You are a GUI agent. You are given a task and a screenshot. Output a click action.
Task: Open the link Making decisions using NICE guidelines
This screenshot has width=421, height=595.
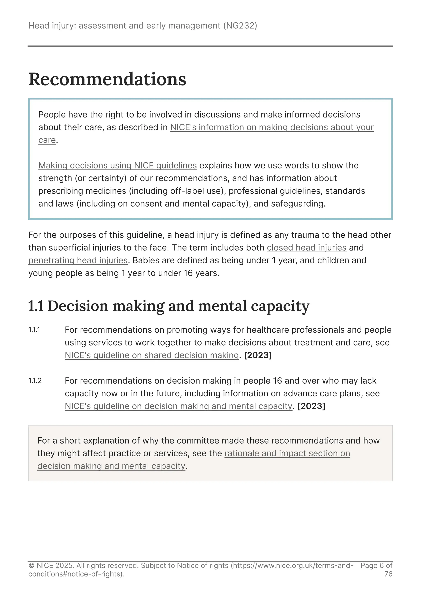[x=117, y=165]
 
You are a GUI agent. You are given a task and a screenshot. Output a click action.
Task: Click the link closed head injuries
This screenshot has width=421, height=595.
[x=306, y=248]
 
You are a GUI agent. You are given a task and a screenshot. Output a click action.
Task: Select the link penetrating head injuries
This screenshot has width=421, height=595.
[x=78, y=260]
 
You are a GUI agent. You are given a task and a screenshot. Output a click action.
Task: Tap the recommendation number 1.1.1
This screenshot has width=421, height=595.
[x=34, y=330]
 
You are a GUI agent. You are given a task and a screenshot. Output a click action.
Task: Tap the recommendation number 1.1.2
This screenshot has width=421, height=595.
[x=35, y=381]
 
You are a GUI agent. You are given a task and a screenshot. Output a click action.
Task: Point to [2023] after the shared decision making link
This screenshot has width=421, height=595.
[x=258, y=355]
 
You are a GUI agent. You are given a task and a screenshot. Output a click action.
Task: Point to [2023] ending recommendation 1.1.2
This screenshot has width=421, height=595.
[x=311, y=406]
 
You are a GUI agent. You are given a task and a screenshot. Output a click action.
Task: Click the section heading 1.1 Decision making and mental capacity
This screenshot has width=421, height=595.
[x=169, y=306]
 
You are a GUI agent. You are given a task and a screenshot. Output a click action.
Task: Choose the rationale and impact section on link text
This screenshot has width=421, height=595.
[x=287, y=453]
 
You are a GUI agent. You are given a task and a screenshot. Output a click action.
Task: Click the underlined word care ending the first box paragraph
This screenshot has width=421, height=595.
[x=47, y=140]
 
